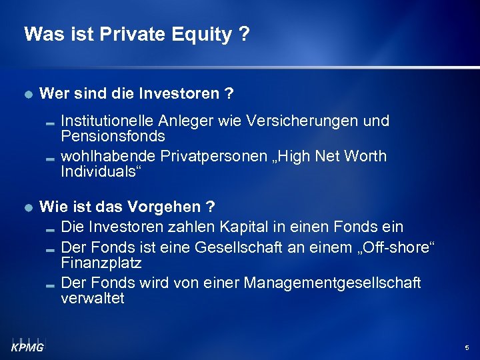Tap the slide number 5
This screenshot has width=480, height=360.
466,348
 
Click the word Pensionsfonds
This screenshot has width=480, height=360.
113,137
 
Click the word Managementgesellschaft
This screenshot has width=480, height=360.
332,283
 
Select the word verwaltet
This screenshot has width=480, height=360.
92,298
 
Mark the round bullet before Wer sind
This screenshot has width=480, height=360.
27,95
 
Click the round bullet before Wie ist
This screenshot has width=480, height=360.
27,207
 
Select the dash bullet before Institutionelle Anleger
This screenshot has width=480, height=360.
51,123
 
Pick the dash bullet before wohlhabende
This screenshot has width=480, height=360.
51,157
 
